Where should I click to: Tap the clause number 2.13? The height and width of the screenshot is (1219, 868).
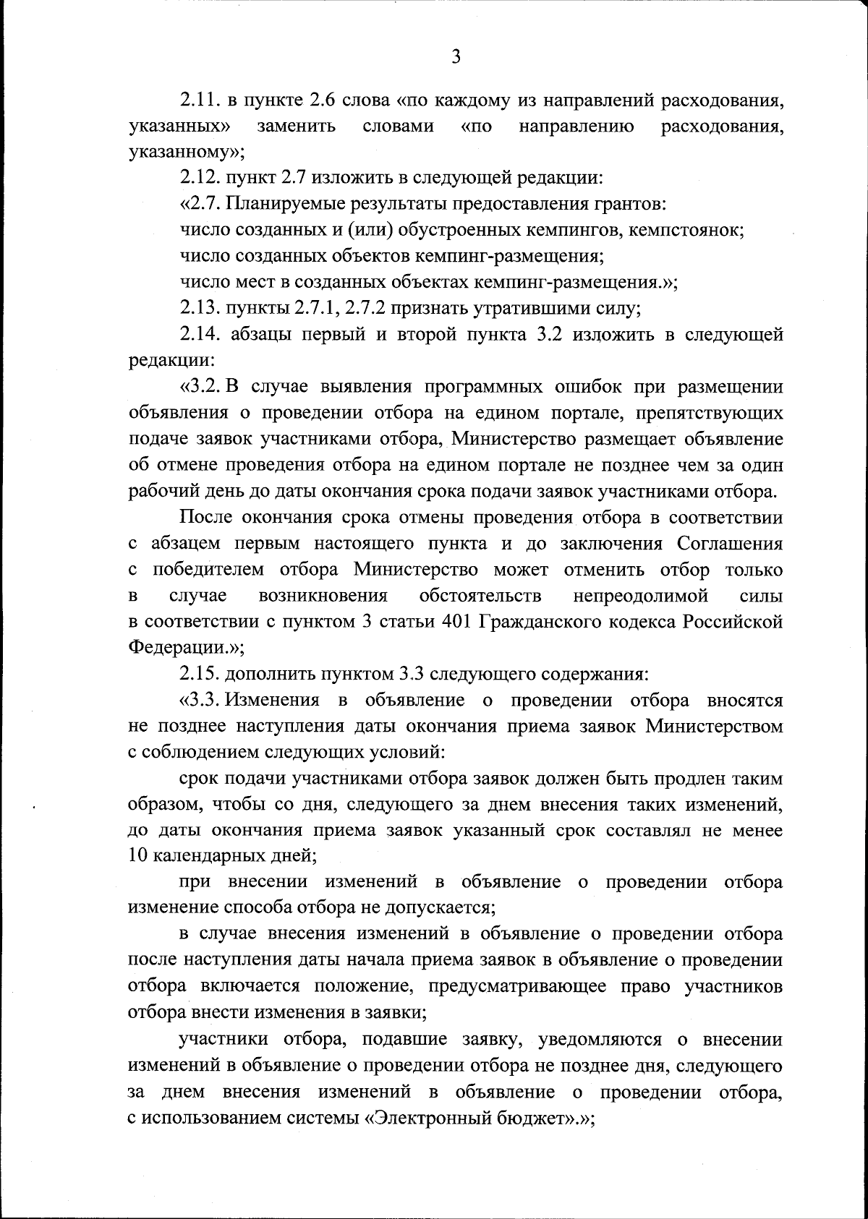pos(199,309)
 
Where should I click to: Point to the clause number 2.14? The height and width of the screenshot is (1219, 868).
pos(199,334)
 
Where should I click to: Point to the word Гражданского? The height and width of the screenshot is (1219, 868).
pos(542,623)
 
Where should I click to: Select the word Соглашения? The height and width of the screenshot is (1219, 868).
pos(729,544)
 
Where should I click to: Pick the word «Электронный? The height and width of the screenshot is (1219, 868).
pos(417,1119)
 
